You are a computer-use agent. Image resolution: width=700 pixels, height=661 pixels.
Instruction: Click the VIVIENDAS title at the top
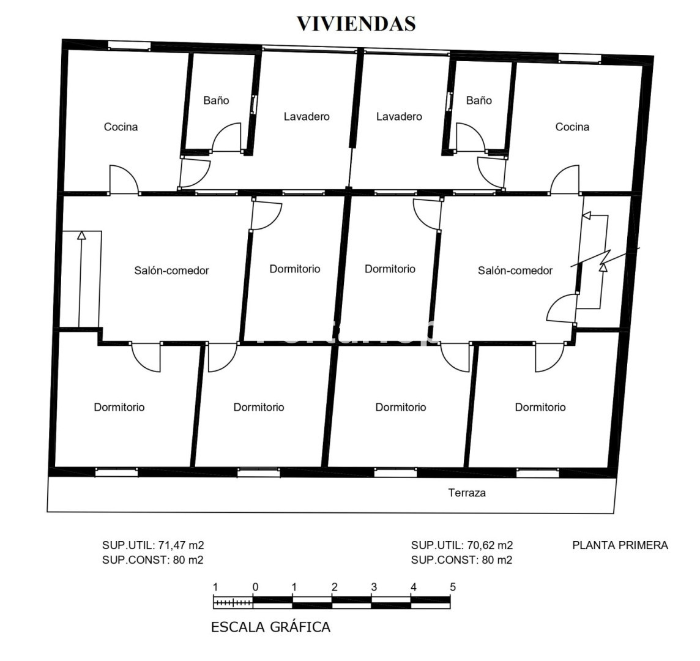point(356,24)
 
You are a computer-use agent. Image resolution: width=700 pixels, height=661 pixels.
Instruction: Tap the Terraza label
point(466,493)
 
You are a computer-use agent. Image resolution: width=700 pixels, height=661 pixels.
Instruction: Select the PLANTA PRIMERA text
point(620,545)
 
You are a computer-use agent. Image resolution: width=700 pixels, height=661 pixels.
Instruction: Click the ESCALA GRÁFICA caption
point(270,627)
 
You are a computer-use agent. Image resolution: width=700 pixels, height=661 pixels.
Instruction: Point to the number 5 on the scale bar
point(453,587)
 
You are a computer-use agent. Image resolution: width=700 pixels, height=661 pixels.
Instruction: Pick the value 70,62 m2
point(490,545)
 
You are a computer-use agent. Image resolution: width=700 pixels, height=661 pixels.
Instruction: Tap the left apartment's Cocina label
point(121,127)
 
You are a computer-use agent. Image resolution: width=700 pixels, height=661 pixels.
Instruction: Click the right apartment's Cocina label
point(572,127)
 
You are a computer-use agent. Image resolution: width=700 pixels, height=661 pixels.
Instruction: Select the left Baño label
point(216,100)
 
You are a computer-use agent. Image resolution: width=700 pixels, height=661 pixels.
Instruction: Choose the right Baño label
point(479,100)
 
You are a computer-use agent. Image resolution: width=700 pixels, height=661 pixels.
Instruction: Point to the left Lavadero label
point(307,116)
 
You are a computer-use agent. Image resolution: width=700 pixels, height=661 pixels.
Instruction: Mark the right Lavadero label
point(399,116)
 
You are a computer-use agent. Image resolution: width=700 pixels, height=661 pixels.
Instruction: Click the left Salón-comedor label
point(171,270)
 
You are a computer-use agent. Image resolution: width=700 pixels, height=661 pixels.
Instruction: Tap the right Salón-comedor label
point(515,270)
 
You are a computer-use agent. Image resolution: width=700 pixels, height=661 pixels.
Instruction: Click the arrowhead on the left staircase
point(81,235)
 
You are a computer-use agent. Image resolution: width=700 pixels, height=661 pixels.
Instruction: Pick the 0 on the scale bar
point(255,587)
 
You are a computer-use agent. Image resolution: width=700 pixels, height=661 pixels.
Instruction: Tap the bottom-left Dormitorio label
point(119,407)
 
